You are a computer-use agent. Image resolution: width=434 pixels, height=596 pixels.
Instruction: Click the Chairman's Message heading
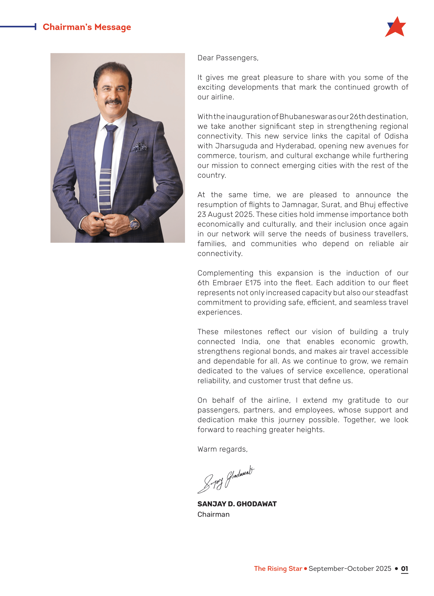point(87,27)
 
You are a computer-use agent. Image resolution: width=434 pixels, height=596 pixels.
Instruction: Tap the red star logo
point(396,27)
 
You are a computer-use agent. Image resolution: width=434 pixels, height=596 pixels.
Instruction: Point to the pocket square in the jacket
point(140,147)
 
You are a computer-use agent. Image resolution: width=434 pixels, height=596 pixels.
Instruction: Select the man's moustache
point(113,102)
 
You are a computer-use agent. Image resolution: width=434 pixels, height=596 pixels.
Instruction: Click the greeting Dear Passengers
point(228,58)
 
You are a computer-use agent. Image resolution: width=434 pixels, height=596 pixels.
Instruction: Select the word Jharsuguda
point(236,146)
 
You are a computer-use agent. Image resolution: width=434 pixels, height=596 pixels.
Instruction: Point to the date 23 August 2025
point(225,215)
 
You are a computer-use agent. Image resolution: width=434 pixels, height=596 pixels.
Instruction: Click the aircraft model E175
point(253,283)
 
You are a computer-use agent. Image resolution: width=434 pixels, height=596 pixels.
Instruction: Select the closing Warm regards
point(222,449)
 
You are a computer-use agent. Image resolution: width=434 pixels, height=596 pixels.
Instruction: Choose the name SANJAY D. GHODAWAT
point(237,504)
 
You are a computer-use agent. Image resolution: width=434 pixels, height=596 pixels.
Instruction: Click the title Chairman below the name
point(213,514)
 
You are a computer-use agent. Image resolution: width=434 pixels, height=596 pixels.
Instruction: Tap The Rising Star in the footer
point(278,569)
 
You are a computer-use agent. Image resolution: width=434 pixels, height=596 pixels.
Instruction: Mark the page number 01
point(404,569)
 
